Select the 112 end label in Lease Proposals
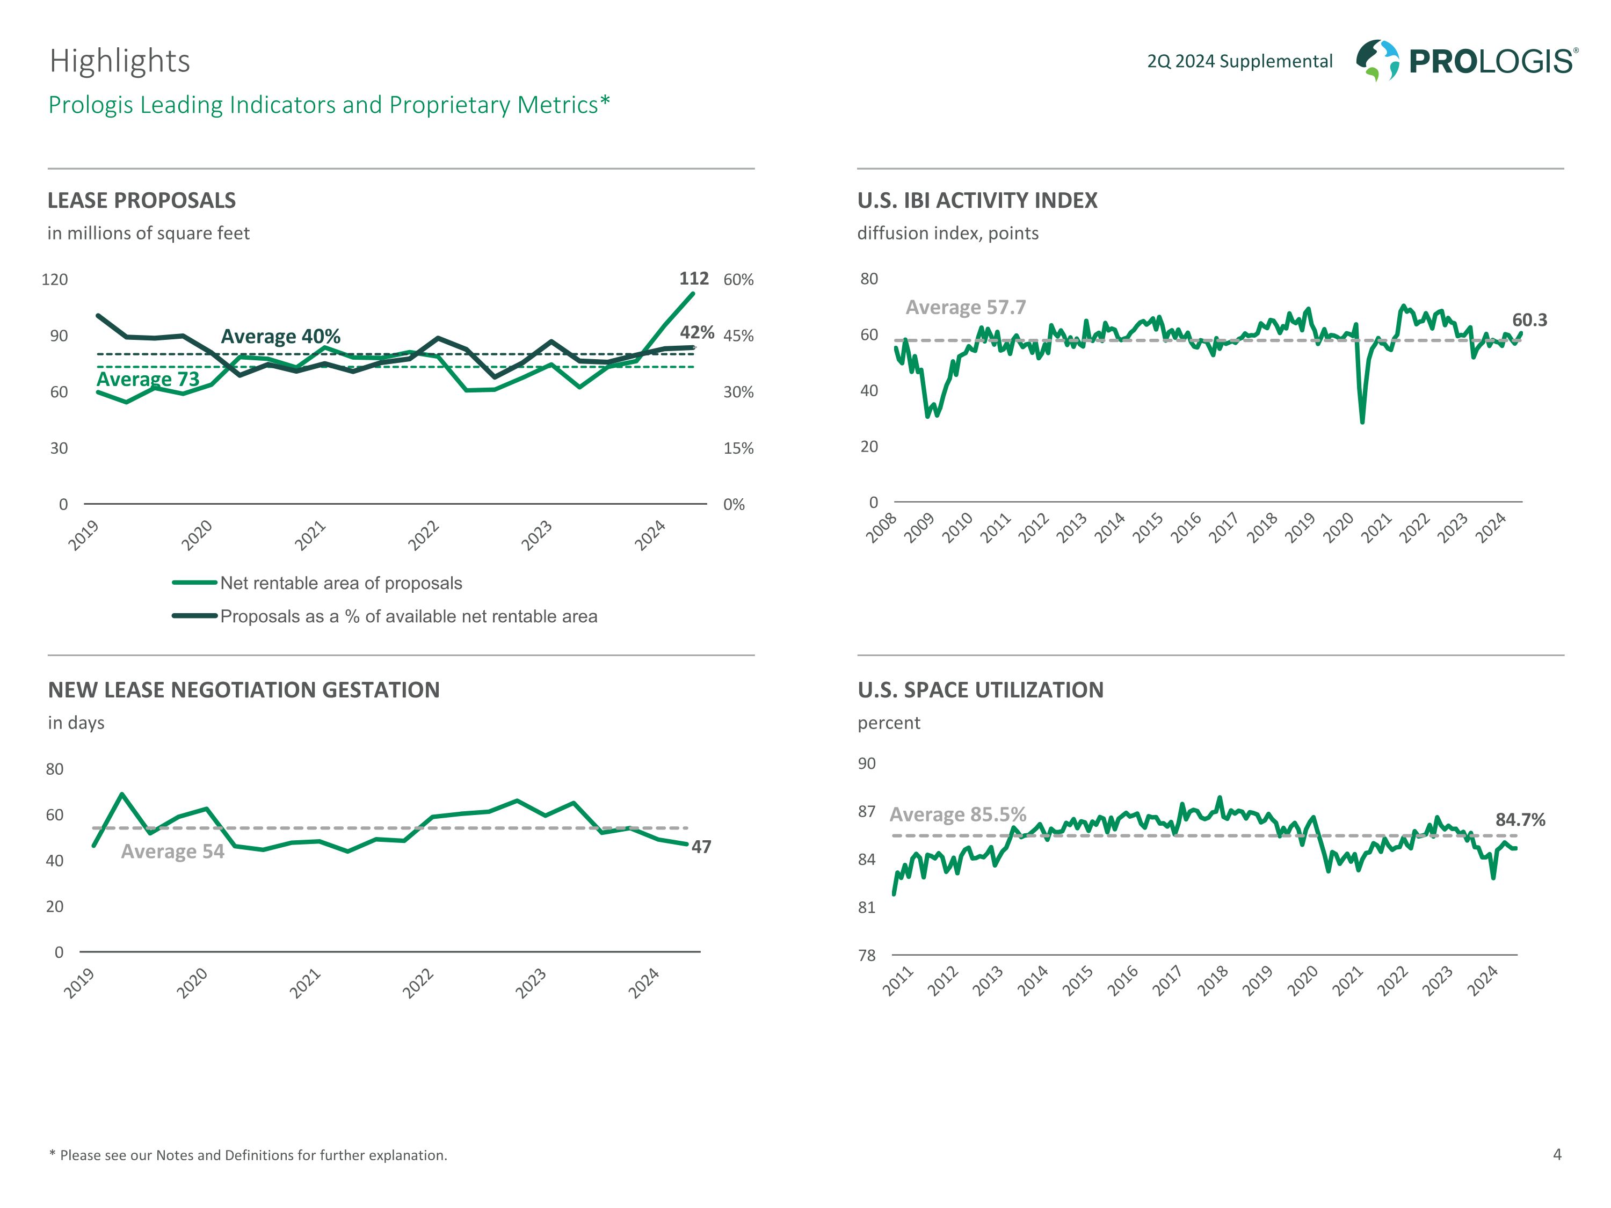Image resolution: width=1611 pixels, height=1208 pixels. (693, 279)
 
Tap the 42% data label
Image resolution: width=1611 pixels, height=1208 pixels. (697, 333)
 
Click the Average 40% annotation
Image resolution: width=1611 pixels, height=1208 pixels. (280, 337)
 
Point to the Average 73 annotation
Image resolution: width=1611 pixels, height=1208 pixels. (148, 380)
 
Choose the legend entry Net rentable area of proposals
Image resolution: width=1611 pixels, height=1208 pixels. (341, 583)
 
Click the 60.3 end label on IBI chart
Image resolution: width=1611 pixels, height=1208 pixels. (1529, 321)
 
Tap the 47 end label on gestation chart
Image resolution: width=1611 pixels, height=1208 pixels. (701, 847)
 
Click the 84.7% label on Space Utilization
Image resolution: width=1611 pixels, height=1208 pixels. (1520, 820)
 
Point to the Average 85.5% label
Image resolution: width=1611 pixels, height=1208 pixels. (957, 814)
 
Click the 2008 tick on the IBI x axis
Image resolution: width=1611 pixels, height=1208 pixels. (882, 529)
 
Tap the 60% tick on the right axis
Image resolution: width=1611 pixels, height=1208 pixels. (738, 280)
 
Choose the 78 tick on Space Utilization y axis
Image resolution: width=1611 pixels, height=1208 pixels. (867, 955)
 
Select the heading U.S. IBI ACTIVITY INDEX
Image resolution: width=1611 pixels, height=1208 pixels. (977, 200)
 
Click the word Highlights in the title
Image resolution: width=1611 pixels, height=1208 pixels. (120, 61)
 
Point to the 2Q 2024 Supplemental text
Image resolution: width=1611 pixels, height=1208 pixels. (1239, 61)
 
